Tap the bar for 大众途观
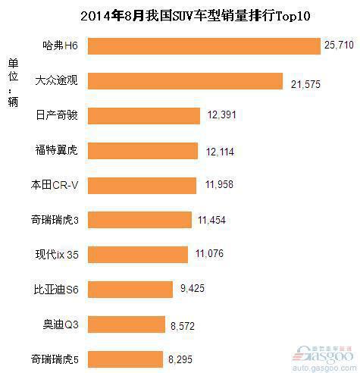(186, 80)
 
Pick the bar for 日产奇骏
(145, 115)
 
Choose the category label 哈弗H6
(62, 46)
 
